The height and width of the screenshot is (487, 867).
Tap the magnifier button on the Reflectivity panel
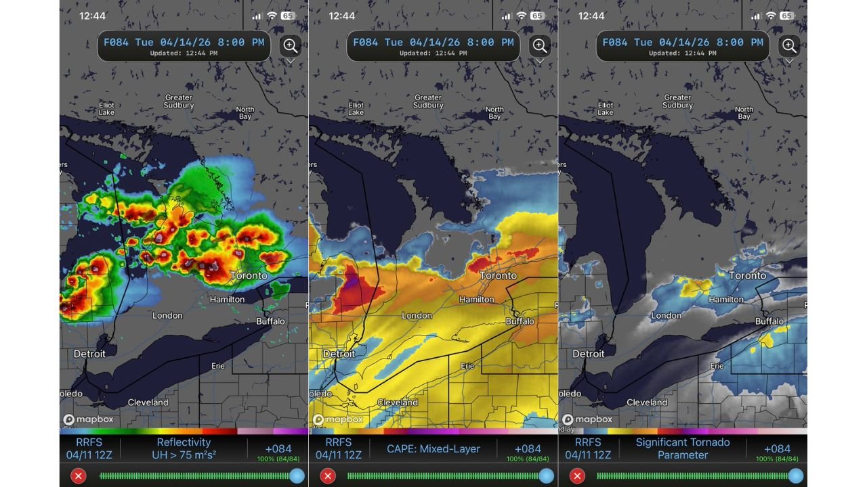pos(291,46)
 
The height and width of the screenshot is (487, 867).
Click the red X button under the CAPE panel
pos(328,476)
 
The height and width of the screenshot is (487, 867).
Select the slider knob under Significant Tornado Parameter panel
pos(795,476)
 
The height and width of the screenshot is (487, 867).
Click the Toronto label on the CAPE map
pos(498,276)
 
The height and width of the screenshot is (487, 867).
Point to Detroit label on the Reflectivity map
pos(89,354)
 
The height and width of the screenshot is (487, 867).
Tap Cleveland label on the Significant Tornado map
pos(647,402)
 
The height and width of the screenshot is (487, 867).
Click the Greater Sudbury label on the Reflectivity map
pos(179,101)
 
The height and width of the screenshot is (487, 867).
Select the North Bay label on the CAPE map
pos(494,113)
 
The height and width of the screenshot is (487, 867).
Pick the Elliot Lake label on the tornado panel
pos(606,109)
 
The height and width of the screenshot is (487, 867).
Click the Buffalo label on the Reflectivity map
pos(270,321)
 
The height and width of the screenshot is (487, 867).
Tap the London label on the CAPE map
pos(417,316)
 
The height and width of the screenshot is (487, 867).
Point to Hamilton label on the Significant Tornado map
pos(725,299)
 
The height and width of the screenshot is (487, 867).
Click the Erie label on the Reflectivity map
pos(217,366)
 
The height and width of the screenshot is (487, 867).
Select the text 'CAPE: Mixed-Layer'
pos(433,448)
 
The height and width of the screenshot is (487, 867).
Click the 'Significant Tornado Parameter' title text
pos(682,448)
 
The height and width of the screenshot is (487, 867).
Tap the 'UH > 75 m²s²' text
pos(184,455)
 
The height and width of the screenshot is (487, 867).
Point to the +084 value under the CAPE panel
pos(527,448)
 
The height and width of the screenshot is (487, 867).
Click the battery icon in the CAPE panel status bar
pos(537,16)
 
